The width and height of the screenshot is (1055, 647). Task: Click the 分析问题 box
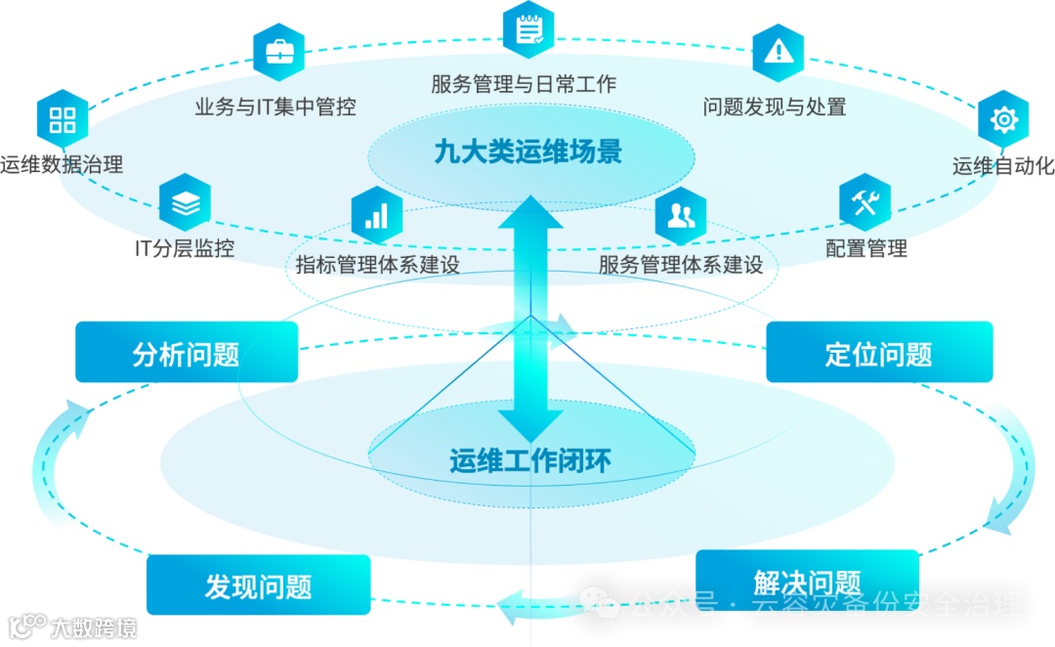pos(187,353)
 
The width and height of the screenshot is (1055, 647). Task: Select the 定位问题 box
pos(879,353)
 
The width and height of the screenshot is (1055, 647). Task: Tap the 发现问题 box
pos(258,585)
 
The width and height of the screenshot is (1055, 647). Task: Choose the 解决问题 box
pos(807,581)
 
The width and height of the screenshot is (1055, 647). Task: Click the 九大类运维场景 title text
pos(528,152)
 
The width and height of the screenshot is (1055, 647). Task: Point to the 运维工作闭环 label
pos(530,460)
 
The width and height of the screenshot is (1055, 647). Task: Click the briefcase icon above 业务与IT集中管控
pos(278,51)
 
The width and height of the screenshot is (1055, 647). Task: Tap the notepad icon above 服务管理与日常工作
pos(528,29)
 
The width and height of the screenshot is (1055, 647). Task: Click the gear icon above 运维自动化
pos(1003,119)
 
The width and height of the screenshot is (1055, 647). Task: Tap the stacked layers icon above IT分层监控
pos(185,202)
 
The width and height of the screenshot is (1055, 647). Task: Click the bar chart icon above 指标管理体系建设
pos(376,215)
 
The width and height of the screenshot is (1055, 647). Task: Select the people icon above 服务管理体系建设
pos(681,215)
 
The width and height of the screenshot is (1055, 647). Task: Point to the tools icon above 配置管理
pos(865,202)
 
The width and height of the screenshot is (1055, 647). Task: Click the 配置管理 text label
pos(865,248)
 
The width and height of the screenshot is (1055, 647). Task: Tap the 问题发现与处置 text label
pos(774,107)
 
